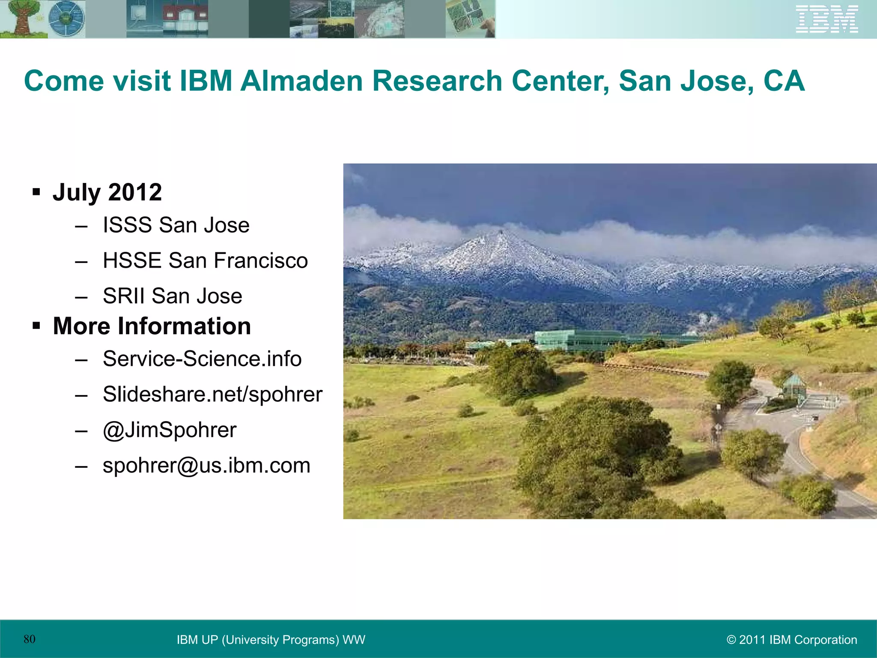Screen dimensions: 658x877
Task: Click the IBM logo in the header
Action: tap(826, 19)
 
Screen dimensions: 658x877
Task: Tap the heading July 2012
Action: tap(107, 192)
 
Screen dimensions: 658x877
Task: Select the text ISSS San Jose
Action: tap(176, 225)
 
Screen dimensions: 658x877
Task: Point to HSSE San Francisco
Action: tap(205, 260)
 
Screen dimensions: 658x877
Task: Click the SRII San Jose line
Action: tap(172, 296)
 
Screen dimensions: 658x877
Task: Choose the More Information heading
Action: tap(152, 326)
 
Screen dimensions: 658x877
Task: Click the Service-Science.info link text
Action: tap(202, 359)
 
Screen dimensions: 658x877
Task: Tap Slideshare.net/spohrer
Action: tap(212, 394)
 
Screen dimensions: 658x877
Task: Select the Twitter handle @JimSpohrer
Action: tap(170, 430)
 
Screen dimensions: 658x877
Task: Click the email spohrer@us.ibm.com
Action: tap(206, 465)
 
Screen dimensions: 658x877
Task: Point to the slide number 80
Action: tap(30, 639)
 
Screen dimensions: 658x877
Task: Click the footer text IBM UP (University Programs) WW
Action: tap(271, 640)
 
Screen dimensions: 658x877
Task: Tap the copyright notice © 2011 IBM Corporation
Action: tap(792, 640)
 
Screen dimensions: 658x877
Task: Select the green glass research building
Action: tap(574, 340)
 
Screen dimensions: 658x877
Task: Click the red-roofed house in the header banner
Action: tap(185, 18)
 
